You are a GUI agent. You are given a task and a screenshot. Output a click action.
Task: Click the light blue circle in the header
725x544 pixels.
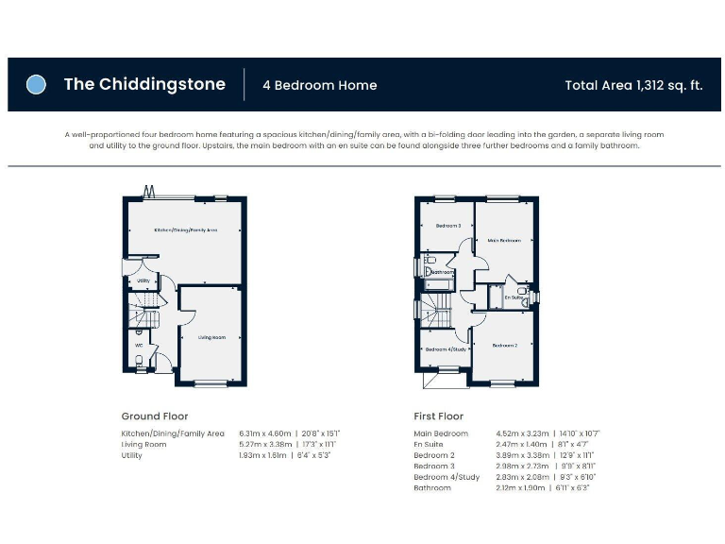[x=36, y=84]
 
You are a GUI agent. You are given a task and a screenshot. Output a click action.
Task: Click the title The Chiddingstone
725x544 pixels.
[x=144, y=84]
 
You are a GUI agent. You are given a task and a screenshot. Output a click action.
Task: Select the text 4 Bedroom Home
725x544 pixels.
[x=319, y=85]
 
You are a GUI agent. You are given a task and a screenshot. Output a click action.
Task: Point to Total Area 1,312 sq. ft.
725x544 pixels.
[x=633, y=85]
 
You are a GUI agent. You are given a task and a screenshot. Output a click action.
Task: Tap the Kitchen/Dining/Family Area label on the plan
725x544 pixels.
[x=186, y=229]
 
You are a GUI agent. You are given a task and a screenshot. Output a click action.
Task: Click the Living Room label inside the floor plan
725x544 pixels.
[x=211, y=337]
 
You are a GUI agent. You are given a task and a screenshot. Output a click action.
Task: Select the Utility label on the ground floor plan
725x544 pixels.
[x=143, y=280]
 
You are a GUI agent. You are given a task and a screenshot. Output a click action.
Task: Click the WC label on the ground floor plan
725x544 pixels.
[x=138, y=345]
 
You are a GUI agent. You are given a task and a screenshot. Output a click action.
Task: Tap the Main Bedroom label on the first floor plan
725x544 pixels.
[x=504, y=241]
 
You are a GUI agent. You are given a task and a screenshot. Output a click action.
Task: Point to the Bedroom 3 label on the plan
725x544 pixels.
[x=447, y=226]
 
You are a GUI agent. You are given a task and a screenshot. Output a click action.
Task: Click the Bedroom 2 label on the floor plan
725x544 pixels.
[x=505, y=346]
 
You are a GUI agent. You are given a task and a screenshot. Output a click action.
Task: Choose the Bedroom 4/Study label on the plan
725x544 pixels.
[x=446, y=349]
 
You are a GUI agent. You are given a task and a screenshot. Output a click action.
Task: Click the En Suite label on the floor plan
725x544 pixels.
[x=514, y=297]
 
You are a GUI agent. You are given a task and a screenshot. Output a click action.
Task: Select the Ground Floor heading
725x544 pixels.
[x=155, y=416]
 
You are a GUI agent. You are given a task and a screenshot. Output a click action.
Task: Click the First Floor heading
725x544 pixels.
[x=439, y=416]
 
